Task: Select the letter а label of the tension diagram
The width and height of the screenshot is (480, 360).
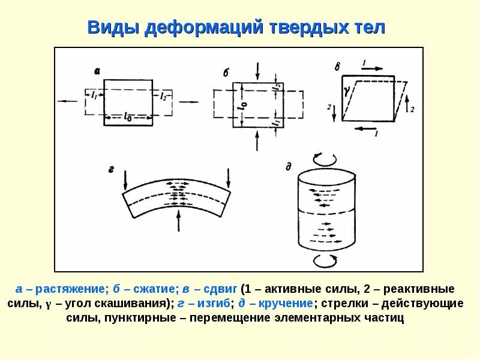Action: (x=97, y=71)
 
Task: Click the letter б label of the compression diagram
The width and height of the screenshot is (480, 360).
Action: (x=226, y=73)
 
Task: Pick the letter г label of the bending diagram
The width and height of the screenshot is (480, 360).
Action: (x=111, y=170)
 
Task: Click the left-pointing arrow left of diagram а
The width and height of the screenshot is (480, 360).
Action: (x=68, y=101)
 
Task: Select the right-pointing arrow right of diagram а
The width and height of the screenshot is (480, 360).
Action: (x=188, y=101)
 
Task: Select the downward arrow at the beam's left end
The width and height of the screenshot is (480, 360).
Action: (x=126, y=179)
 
